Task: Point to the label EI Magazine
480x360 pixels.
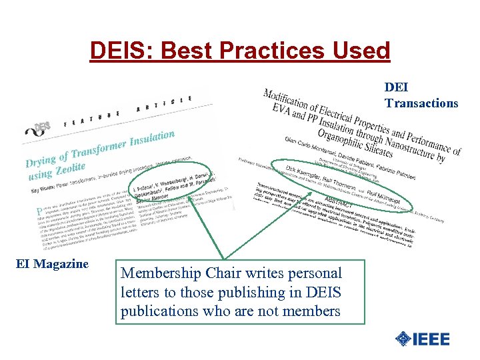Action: pos(52,264)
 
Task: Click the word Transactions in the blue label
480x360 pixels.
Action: pos(421,103)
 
